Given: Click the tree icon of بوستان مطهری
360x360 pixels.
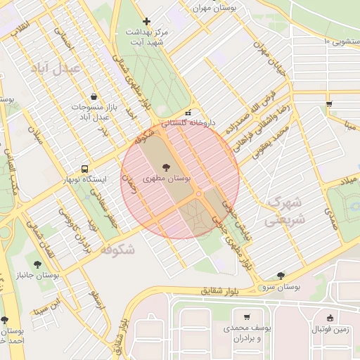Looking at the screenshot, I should click(166, 167).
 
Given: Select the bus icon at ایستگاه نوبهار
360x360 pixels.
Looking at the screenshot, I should click(84, 169).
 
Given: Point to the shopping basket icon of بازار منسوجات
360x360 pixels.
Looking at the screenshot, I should click(94, 97).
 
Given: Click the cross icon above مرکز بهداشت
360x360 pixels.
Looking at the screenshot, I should click(146, 21).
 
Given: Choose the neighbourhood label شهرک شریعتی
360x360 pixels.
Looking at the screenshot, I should click(284, 210).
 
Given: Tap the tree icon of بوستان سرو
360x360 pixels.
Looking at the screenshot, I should click(281, 276).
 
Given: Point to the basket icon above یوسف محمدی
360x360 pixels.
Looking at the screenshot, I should click(246, 317).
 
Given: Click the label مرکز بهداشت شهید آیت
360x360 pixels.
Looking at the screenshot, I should click(146, 37).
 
